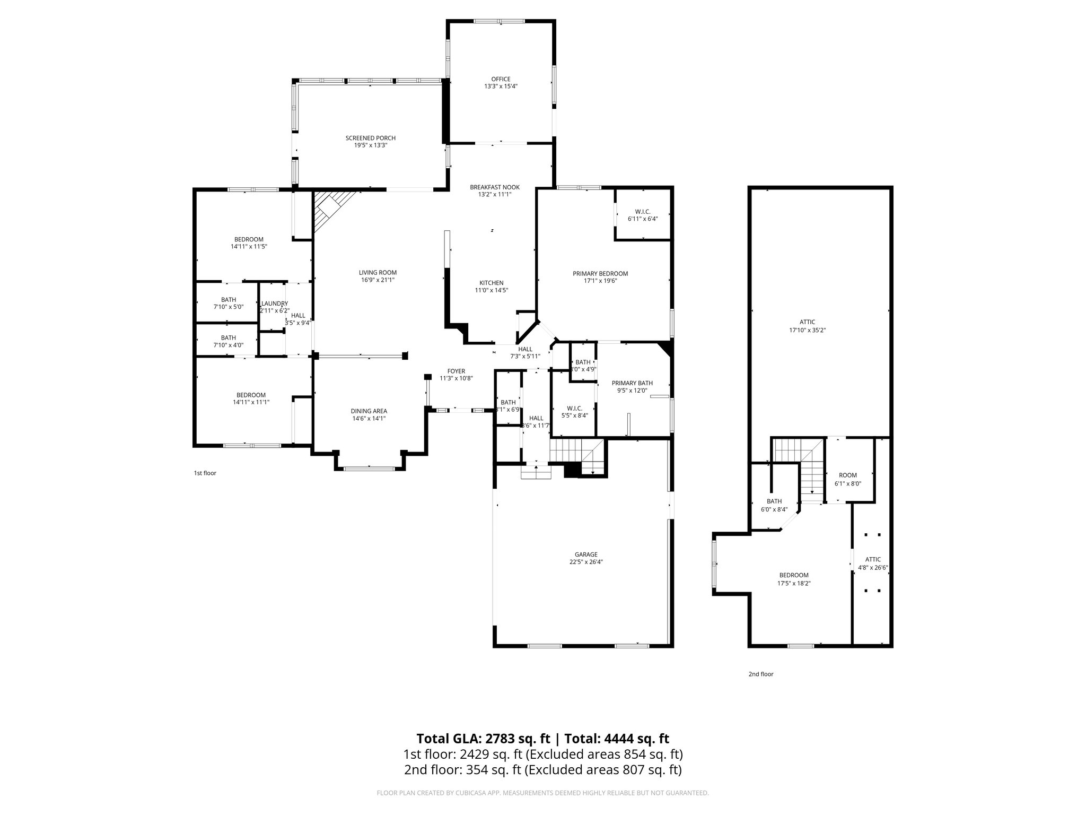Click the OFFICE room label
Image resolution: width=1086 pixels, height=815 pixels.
click(x=500, y=79)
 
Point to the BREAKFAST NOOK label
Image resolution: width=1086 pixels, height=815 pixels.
click(x=494, y=187)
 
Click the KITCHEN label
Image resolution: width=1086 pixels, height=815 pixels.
click(x=491, y=283)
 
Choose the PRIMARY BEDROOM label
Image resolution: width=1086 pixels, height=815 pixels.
click(x=600, y=274)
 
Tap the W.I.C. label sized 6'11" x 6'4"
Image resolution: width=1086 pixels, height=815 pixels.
click(x=643, y=212)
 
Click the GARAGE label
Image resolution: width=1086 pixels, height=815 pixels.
click(x=586, y=554)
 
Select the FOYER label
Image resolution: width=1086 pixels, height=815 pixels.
click(x=456, y=371)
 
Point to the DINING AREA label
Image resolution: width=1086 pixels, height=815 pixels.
click(x=369, y=411)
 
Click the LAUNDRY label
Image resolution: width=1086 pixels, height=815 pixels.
click(x=275, y=304)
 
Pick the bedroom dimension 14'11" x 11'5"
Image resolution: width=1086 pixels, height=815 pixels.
click(x=249, y=247)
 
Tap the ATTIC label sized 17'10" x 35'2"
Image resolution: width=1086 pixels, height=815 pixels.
click(x=807, y=322)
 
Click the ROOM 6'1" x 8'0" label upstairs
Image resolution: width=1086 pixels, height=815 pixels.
click(x=847, y=475)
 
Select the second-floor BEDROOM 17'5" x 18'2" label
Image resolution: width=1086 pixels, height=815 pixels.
click(x=793, y=575)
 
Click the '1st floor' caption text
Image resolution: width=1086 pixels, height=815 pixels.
click(x=205, y=473)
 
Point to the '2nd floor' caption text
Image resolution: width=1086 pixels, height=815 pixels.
click(x=760, y=674)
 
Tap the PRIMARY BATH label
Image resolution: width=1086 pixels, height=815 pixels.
click(x=632, y=383)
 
